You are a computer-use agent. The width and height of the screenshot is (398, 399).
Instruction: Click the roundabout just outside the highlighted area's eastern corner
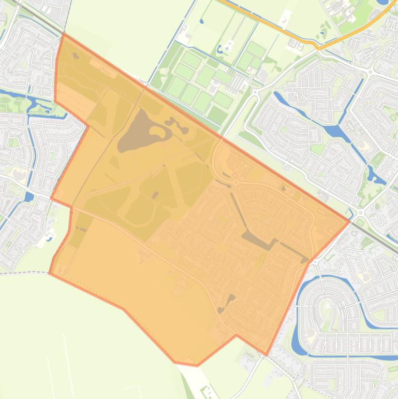pos(361,212)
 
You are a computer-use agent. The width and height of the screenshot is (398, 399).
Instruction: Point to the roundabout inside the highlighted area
pos(235,182)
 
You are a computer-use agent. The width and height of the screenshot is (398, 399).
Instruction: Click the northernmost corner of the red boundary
pos(63,34)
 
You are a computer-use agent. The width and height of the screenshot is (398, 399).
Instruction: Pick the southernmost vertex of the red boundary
pos(197,366)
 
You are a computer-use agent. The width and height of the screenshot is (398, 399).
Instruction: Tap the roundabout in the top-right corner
pos(371,70)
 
